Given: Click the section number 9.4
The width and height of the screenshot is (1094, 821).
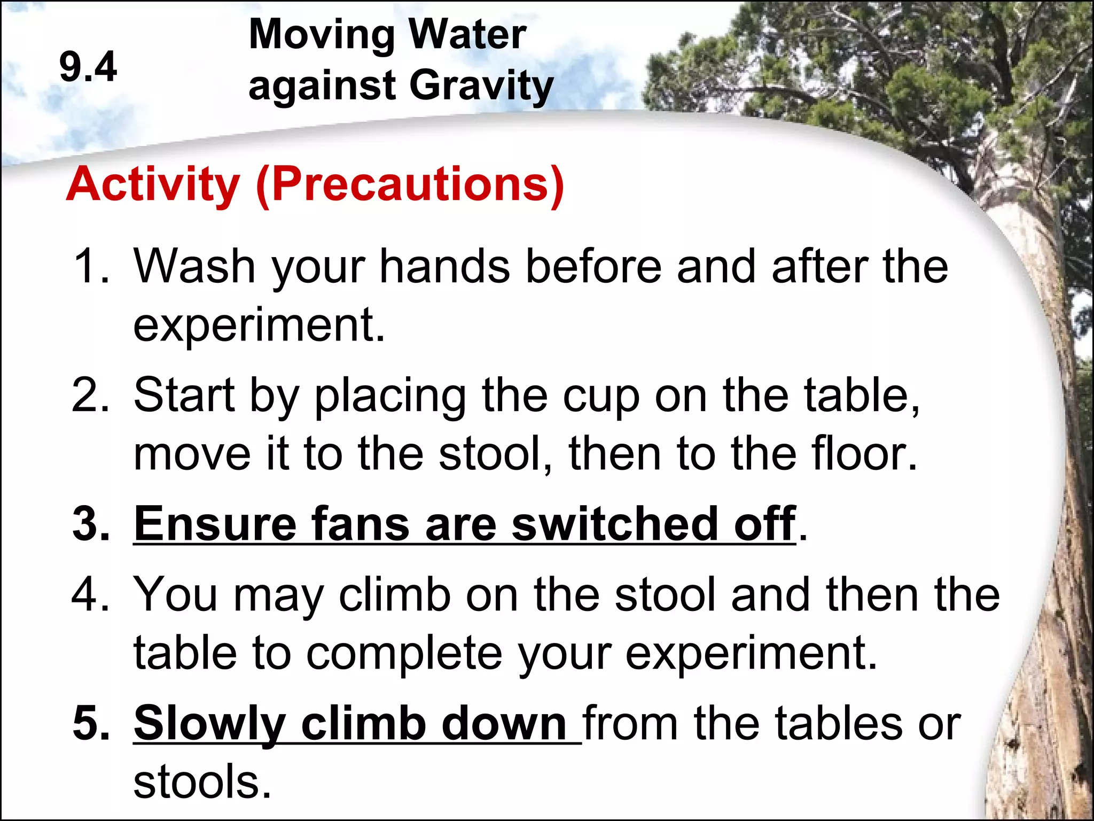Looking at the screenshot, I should point(88,67).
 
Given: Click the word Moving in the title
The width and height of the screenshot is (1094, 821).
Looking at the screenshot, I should point(321,35).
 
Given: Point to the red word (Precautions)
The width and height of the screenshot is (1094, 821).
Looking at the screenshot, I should point(410,185).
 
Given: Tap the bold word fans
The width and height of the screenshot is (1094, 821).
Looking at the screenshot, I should point(360,524).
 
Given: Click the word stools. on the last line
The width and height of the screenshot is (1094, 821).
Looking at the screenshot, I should point(202,782).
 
